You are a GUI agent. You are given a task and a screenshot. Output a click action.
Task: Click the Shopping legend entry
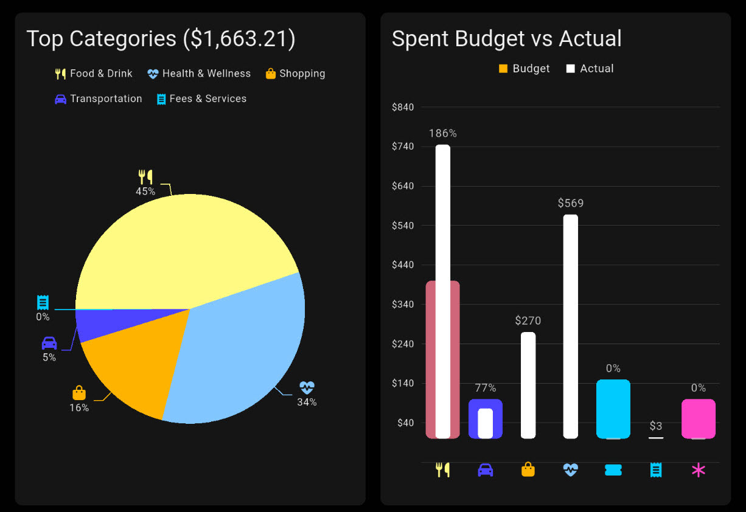(295, 74)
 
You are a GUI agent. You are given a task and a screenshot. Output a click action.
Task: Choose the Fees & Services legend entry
(201, 99)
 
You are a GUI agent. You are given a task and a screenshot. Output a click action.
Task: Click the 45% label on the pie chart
(145, 192)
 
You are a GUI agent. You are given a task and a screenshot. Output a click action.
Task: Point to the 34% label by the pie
(307, 402)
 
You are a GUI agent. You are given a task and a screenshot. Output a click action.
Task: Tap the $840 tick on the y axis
(403, 108)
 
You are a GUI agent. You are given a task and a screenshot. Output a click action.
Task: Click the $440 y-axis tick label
(403, 265)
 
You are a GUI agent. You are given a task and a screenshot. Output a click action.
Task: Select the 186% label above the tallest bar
(442, 133)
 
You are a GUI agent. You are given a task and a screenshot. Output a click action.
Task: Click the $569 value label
(570, 203)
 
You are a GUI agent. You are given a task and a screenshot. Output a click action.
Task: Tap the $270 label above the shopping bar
(528, 320)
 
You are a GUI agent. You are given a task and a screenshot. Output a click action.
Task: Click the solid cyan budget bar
(613, 408)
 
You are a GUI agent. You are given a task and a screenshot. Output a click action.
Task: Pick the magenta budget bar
(698, 418)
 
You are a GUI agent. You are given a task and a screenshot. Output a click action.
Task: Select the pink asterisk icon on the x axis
(698, 469)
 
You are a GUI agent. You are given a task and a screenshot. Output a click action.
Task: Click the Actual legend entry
(590, 69)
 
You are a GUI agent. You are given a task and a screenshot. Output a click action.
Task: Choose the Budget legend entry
(524, 69)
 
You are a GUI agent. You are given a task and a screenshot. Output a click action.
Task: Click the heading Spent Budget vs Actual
(506, 38)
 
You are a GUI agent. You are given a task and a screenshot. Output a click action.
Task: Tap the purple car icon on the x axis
(485, 469)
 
